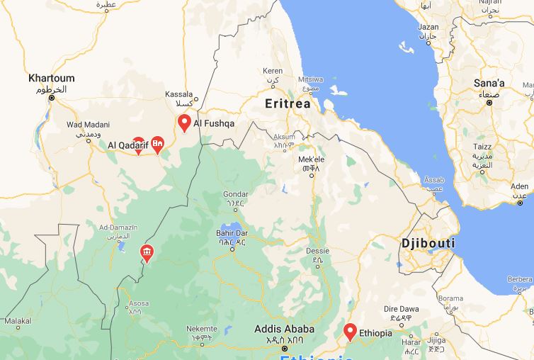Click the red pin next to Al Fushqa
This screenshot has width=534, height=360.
[x=184, y=123]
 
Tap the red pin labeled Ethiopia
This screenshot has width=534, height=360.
[x=350, y=331]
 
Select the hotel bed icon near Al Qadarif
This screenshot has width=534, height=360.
[x=158, y=144]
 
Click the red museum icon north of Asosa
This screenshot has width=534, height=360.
[x=147, y=252]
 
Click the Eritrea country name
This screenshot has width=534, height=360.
[x=288, y=103]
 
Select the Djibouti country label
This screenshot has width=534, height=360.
[x=428, y=243]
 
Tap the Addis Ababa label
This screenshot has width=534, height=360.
[x=284, y=329]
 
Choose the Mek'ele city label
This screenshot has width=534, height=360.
[x=312, y=159]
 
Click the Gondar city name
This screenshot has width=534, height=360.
[x=236, y=193]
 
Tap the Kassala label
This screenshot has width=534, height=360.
[x=179, y=94]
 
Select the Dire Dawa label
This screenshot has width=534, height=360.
[x=402, y=309]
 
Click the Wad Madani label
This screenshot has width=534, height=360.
[x=84, y=125]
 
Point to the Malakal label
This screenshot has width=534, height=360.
[x=18, y=321]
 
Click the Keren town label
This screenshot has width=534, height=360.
[x=273, y=71]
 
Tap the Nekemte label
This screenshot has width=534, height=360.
[x=202, y=329]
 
